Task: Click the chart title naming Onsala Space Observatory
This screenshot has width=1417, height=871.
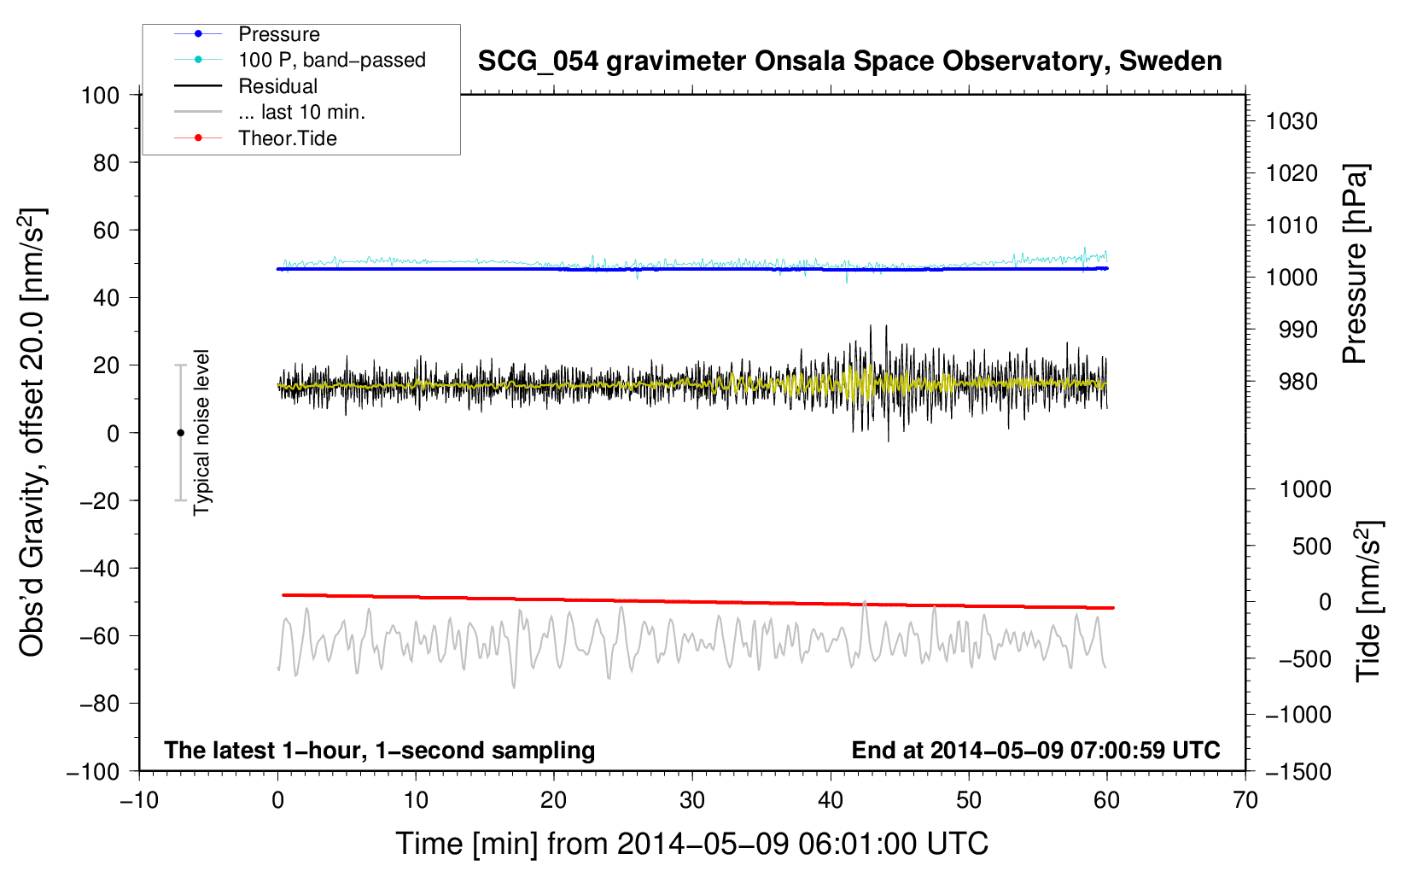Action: pyautogui.click(x=849, y=61)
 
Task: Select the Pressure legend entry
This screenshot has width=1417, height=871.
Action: pyautogui.click(x=278, y=34)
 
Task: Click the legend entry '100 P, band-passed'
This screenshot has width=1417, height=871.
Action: pyautogui.click(x=331, y=60)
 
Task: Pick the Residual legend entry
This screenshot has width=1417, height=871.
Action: pyautogui.click(x=277, y=86)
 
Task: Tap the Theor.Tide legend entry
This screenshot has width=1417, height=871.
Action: pyautogui.click(x=287, y=138)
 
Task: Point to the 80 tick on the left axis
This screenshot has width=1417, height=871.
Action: pyautogui.click(x=106, y=162)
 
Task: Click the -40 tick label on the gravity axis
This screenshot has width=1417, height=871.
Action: pyautogui.click(x=99, y=568)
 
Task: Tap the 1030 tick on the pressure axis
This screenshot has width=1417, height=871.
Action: pyautogui.click(x=1292, y=121)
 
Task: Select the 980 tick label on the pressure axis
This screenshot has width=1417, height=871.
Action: pyautogui.click(x=1297, y=382)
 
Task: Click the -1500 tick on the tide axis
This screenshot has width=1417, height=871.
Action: pyautogui.click(x=1297, y=771)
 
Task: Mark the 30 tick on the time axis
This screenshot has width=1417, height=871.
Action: pyautogui.click(x=692, y=800)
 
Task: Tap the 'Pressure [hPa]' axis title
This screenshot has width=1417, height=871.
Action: pyautogui.click(x=1355, y=265)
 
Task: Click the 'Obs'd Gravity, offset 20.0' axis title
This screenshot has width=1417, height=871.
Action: pyautogui.click(x=32, y=431)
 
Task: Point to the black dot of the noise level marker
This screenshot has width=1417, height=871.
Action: pyautogui.click(x=180, y=433)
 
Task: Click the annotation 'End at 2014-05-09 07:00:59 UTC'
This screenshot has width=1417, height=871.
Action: pyautogui.click(x=1035, y=750)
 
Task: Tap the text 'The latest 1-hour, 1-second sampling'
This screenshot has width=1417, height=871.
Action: pyautogui.click(x=379, y=750)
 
